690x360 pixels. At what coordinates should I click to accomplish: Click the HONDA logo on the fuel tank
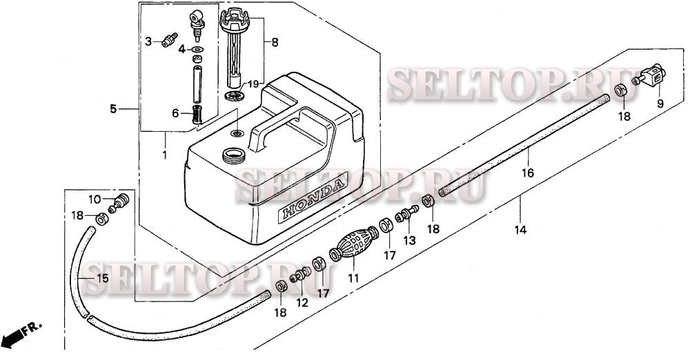coord(313,198)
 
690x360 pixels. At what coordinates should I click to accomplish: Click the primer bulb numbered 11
coord(354,243)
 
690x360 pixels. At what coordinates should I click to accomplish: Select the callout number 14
coord(520,230)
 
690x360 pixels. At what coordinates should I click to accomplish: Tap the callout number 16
coord(528,173)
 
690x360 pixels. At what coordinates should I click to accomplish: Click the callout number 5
coord(114,109)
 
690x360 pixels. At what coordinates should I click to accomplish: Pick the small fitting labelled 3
coord(169,39)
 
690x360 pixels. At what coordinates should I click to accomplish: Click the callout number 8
coord(275,43)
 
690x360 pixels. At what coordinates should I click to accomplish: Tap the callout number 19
coord(253,83)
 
